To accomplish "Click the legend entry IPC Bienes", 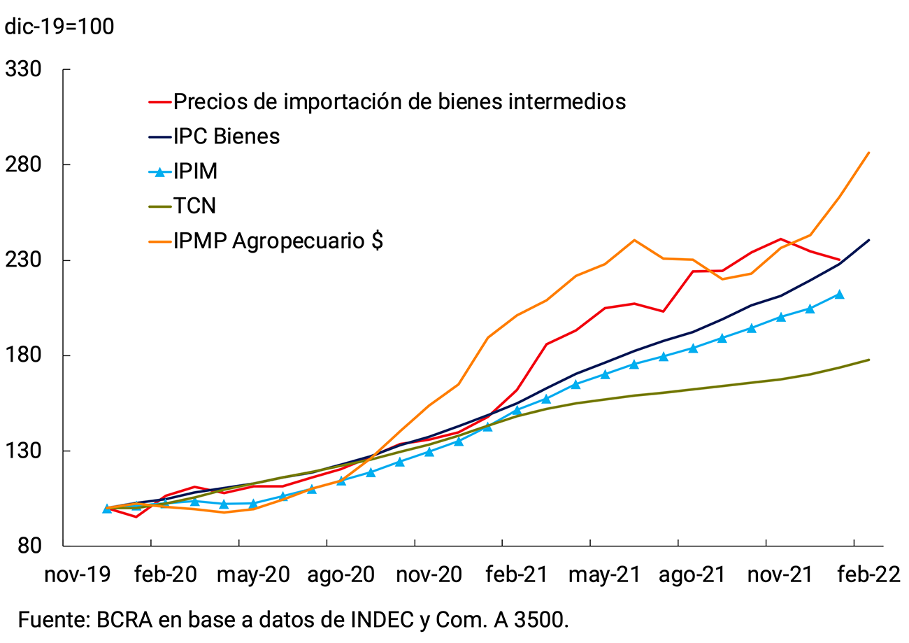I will click(227, 136).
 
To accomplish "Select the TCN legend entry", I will click(194, 206).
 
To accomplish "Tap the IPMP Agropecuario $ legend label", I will click(278, 241).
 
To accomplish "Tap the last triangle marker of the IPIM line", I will click(839, 295).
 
